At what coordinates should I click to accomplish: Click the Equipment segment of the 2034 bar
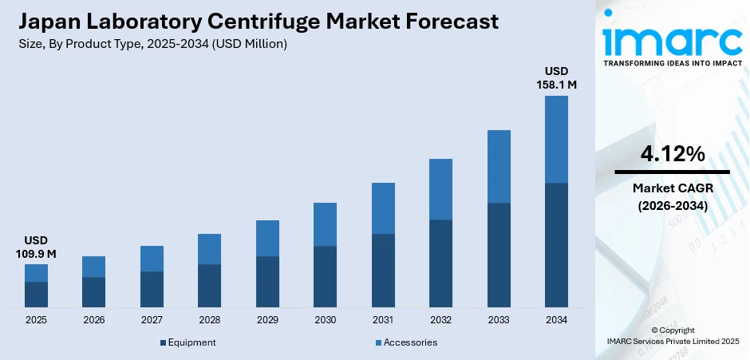click(x=556, y=245)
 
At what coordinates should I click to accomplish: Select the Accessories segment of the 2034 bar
click(x=556, y=139)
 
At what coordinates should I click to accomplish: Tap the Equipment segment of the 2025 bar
click(x=36, y=295)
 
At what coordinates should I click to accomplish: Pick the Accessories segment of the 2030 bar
click(x=325, y=224)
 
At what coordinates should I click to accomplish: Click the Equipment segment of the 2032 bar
click(x=440, y=263)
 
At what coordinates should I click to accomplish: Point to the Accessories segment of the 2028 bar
click(x=209, y=249)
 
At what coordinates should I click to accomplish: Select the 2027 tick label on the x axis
click(x=152, y=320)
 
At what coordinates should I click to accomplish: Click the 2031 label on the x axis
click(x=383, y=320)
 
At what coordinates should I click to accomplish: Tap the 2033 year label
click(x=499, y=320)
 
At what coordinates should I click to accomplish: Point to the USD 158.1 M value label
click(x=556, y=77)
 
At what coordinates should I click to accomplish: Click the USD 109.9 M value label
click(x=36, y=247)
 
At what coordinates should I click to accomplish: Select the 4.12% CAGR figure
click(x=672, y=154)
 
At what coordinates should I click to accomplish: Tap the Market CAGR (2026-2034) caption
click(x=672, y=196)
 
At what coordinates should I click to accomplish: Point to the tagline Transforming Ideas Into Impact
click(x=672, y=62)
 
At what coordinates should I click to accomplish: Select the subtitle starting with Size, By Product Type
click(x=152, y=44)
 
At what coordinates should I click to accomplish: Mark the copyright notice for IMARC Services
click(x=672, y=336)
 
